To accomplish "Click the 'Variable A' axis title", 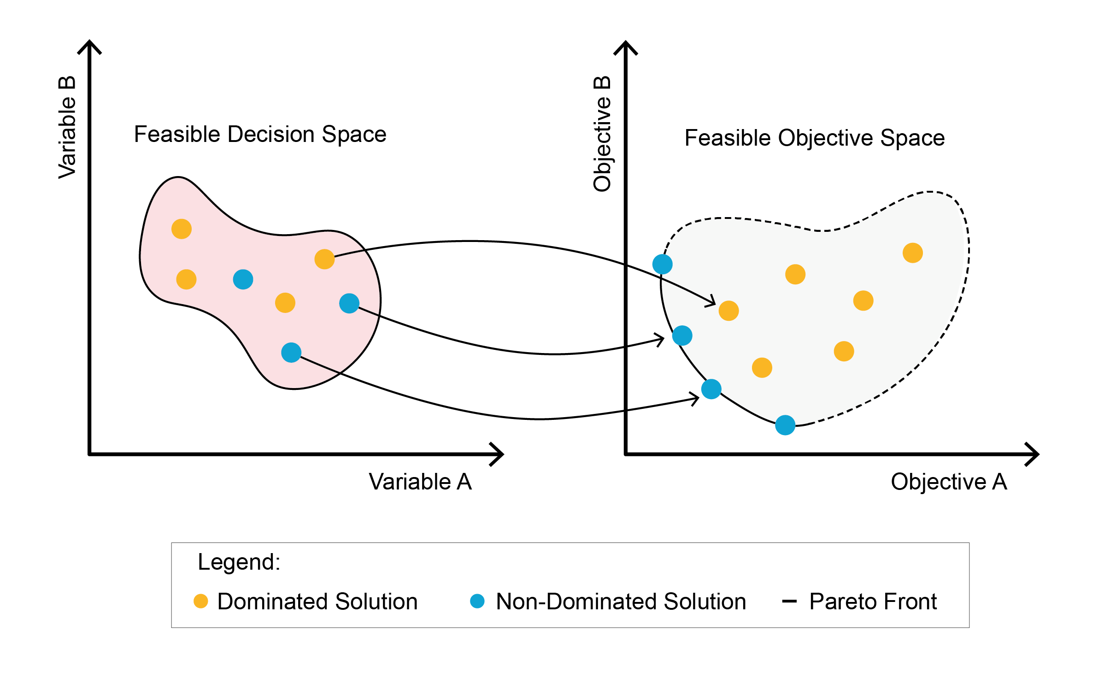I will [x=420, y=482].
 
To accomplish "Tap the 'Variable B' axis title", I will [x=67, y=128].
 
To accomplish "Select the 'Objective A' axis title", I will [x=949, y=482].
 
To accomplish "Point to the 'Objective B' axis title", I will [x=602, y=134].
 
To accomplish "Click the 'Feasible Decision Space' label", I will [x=260, y=135].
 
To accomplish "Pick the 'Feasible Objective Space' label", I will [x=814, y=138].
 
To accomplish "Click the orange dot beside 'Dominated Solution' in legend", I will [x=201, y=601].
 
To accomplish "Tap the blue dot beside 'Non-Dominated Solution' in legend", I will [x=477, y=601].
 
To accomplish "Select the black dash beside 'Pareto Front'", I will [x=789, y=601].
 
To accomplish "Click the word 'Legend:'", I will [x=239, y=562].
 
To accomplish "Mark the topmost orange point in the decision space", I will [x=182, y=229].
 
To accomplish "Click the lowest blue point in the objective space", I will [x=785, y=425].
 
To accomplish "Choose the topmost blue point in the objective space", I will [x=663, y=264].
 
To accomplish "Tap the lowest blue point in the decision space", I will [x=291, y=353].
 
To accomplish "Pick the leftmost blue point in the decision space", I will [x=243, y=279].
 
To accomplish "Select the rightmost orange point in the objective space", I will [x=913, y=253].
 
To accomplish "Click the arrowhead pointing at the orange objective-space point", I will [x=712, y=302].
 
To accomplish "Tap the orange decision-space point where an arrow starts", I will [x=324, y=259].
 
